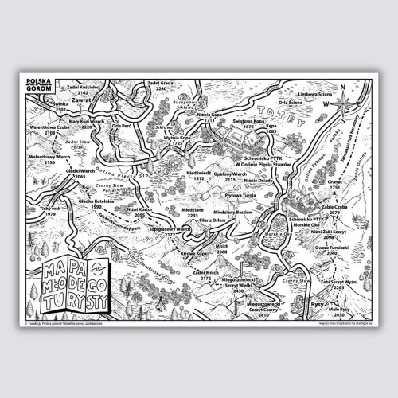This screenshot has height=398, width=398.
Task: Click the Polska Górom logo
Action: [x=38, y=82]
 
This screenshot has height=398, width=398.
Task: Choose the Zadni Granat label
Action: [x=162, y=82]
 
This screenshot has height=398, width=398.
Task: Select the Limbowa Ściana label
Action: [x=314, y=94]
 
